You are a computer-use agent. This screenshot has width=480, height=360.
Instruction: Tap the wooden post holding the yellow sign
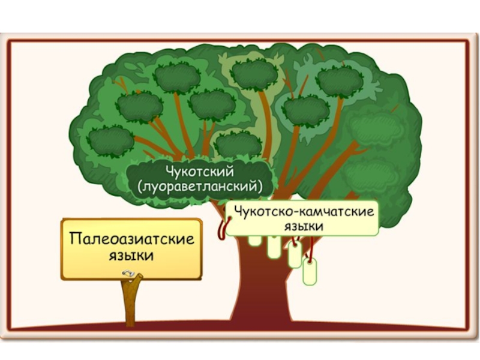(x=131, y=303)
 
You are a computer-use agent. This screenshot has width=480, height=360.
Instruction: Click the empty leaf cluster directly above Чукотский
(x=238, y=145)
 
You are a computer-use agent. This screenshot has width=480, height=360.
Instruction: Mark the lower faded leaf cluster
(x=372, y=174)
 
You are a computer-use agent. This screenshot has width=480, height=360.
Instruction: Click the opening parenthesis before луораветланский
(x=140, y=187)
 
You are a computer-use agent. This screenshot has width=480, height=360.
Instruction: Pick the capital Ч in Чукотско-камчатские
(x=238, y=211)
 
